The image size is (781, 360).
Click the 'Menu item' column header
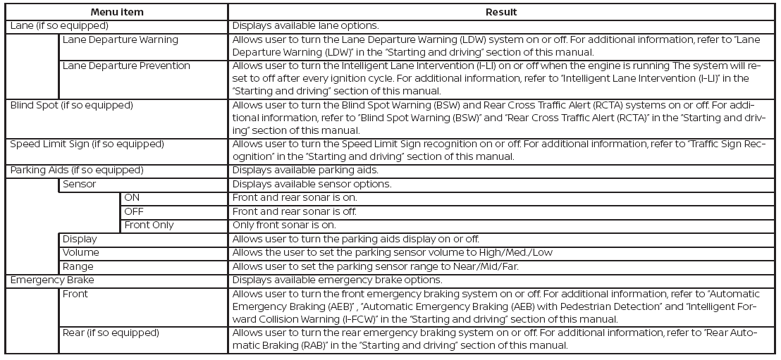[116, 12]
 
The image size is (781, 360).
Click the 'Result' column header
[501, 12]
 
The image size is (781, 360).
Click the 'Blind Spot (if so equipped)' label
[70, 106]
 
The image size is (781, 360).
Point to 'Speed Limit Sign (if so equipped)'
[87, 144]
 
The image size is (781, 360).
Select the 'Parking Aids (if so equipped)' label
[77, 170]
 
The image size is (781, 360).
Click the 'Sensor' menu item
[79, 185]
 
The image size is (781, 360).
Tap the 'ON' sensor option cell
[132, 198]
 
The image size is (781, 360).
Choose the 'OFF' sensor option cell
[134, 211]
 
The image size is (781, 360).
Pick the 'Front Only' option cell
[149, 225]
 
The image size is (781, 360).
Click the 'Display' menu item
[80, 240]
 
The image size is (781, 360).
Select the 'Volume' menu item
[80, 253]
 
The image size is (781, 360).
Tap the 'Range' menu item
[78, 267]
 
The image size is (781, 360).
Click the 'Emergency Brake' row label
[51, 280]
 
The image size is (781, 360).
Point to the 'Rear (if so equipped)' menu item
[111, 333]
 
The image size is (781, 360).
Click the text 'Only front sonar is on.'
[285, 225]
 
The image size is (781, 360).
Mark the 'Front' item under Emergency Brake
[75, 294]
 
